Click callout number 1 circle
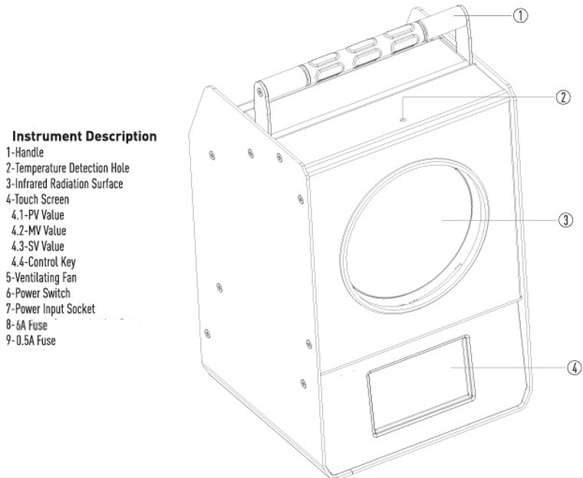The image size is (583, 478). tap(520, 15)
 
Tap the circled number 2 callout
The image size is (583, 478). tap(563, 97)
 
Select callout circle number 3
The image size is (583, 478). tap(565, 220)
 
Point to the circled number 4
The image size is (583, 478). tap(575, 368)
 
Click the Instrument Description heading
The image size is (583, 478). tap(84, 136)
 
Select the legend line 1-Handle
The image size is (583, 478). tap(25, 152)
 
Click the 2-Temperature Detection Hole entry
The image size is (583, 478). tap(68, 168)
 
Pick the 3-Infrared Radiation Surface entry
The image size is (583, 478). tap(64, 184)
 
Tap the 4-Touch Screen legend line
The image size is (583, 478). tap(38, 199)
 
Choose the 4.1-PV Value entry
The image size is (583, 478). tap(38, 215)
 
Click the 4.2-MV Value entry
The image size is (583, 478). tap(38, 231)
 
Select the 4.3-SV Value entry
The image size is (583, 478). tap(38, 246)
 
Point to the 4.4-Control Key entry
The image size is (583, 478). tap(44, 262)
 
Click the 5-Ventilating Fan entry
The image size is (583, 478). tap(41, 278)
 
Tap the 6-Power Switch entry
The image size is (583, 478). tap(38, 293)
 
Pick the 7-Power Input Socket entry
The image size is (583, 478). tap(51, 309)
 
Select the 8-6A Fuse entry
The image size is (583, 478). tap(27, 325)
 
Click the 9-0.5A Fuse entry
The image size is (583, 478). tap(31, 341)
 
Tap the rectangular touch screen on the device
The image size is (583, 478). tap(420, 386)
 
